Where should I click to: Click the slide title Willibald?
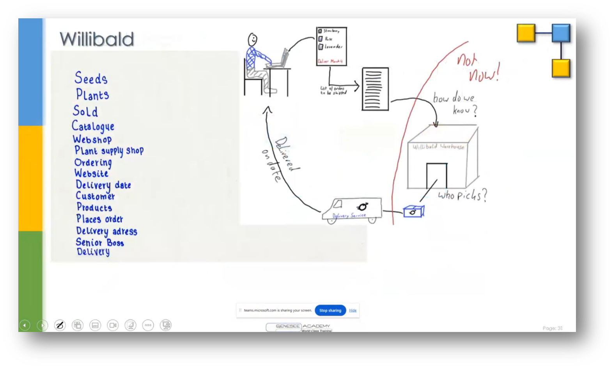[x=97, y=39]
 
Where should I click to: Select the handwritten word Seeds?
[x=90, y=78]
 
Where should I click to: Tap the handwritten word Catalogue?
[x=93, y=126]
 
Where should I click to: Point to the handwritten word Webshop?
[x=92, y=139]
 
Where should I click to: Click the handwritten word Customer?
[x=95, y=196]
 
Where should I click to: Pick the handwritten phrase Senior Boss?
[x=100, y=242]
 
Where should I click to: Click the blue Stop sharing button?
[x=330, y=310]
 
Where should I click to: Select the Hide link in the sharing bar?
[x=353, y=310]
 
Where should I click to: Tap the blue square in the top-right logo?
[x=561, y=33]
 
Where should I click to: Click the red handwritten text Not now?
[x=478, y=67]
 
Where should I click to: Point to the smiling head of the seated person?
[x=253, y=40]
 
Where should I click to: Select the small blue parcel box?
[x=413, y=211]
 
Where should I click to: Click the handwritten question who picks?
[x=462, y=195]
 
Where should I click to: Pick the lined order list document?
[x=375, y=89]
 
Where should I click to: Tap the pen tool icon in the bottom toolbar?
[x=60, y=325]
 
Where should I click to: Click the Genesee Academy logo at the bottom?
[x=299, y=327]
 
